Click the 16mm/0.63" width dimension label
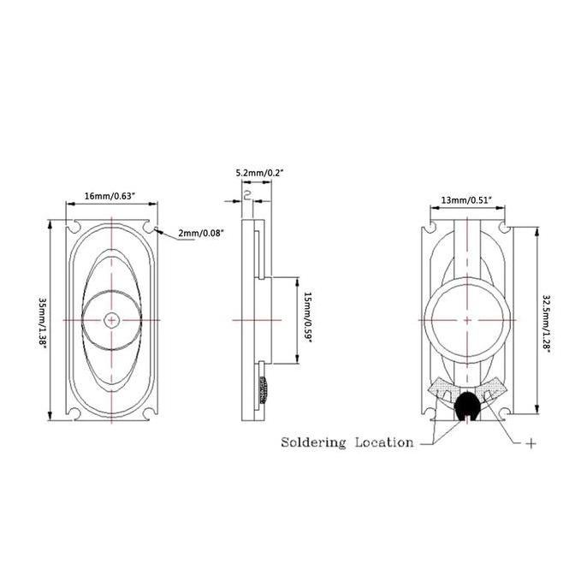110,196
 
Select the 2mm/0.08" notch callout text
201,234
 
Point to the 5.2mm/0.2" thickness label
260,173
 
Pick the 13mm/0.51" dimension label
466,200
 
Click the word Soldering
313,443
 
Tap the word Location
384,442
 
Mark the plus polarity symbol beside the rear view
531,443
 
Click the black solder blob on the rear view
466,406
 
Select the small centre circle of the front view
111,320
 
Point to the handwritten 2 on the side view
247,195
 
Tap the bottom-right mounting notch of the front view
149,413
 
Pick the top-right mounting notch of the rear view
503,227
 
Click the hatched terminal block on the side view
264,390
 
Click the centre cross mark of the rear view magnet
467,320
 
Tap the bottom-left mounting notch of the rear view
431,413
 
